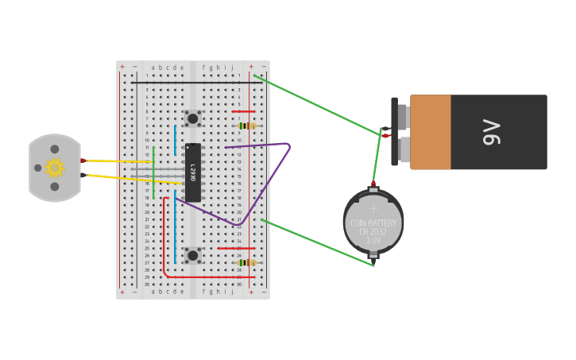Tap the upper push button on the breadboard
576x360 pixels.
tap(192, 118)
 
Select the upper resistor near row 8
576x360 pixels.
tap(249, 126)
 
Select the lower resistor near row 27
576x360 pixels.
tap(249, 262)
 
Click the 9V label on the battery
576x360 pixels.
tap(492, 132)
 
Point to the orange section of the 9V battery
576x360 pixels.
tap(430, 132)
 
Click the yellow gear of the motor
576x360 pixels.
tap(54, 168)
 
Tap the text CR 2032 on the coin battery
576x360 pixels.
tap(373, 232)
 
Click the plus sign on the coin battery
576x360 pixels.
tap(373, 208)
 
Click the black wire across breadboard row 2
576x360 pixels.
tap(191, 82)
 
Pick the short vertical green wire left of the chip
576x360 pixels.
tap(153, 171)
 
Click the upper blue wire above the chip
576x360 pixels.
tap(176, 139)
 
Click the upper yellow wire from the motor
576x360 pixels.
tap(119, 161)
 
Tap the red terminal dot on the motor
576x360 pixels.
tap(83, 161)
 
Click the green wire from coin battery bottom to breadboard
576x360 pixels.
tap(318, 242)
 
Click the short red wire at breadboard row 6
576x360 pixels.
tap(243, 111)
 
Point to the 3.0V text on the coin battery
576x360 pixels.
tap(373, 240)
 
